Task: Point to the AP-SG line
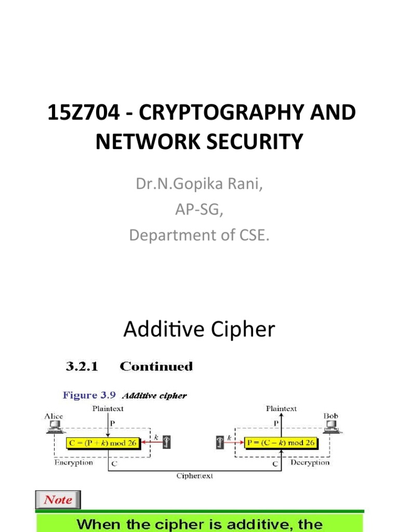coord(199,210)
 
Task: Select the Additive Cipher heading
coord(199,329)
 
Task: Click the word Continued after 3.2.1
coord(156,366)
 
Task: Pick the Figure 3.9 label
coord(91,395)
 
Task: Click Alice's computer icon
coord(53,427)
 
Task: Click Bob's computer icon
coord(330,427)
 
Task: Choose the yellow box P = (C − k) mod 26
coord(281,443)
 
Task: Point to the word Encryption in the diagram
coord(74,462)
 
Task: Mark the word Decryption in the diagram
coord(310,462)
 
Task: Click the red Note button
coord(58,500)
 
